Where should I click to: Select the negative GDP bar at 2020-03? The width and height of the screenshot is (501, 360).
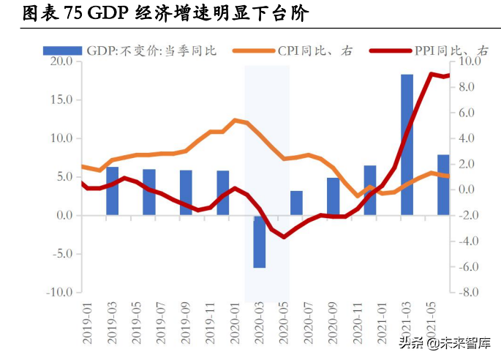(260, 241)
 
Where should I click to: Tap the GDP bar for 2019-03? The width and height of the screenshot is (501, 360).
(112, 191)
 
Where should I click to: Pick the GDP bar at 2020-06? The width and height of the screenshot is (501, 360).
(296, 203)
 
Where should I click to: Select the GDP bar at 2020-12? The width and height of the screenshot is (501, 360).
(370, 190)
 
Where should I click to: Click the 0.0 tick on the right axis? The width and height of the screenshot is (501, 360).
(467, 190)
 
